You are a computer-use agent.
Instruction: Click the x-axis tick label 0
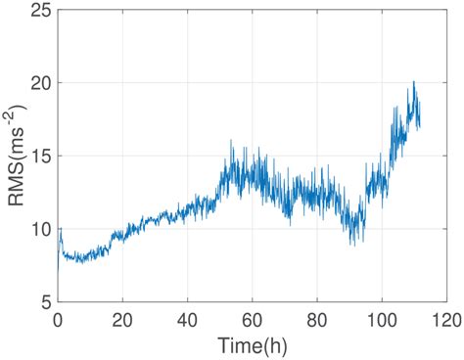(x=58, y=320)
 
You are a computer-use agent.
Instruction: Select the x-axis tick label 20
(x=122, y=320)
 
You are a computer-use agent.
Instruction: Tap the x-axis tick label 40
(x=187, y=320)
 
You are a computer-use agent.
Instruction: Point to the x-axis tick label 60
(x=252, y=320)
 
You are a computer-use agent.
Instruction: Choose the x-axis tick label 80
(x=316, y=320)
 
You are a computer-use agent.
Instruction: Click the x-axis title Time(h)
(x=252, y=345)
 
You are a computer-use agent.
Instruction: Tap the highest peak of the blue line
(x=414, y=82)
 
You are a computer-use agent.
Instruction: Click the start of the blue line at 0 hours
(x=59, y=235)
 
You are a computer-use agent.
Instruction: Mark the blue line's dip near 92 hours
(x=353, y=244)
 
